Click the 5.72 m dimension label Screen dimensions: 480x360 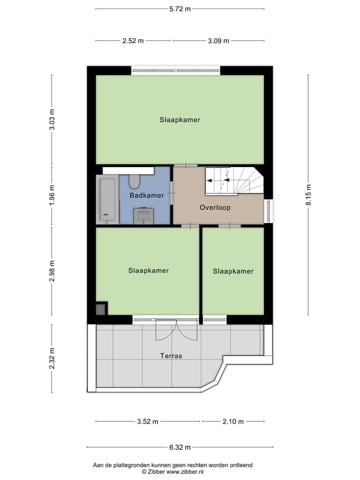(180, 8)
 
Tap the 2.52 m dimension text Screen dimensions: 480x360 (132, 41)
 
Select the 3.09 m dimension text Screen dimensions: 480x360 (218, 41)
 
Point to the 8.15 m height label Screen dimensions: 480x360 (308, 195)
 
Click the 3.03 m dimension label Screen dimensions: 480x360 (52, 119)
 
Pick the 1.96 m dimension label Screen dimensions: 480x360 (52, 195)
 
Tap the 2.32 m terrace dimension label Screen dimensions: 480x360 (52, 358)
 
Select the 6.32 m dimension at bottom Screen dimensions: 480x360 (180, 447)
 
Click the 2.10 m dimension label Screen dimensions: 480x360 (233, 421)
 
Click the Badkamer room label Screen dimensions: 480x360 (146, 195)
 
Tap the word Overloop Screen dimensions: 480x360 (215, 207)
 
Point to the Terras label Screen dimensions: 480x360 (171, 356)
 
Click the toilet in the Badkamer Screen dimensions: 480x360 (134, 180)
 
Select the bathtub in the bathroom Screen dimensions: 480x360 (107, 199)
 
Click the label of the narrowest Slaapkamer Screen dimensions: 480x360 (233, 271)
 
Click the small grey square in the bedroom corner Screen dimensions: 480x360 (100, 309)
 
